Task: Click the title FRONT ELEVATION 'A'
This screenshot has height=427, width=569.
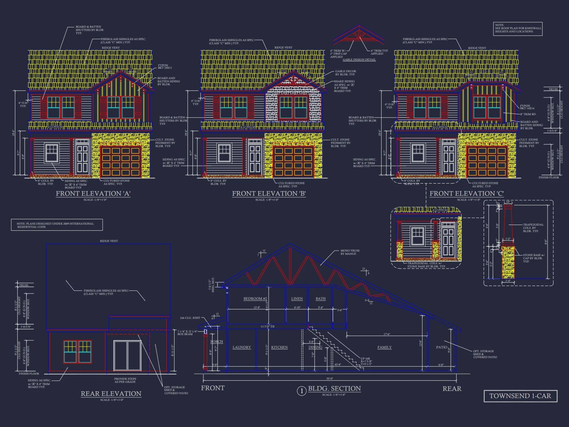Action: [93, 194]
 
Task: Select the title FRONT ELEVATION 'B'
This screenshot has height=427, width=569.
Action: [269, 194]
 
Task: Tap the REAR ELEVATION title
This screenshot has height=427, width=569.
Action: [111, 394]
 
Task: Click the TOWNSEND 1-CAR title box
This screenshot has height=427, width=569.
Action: [520, 396]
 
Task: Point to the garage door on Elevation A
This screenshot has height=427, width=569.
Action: [121, 161]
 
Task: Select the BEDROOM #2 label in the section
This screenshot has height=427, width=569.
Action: [255, 299]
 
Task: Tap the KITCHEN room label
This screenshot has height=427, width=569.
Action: [279, 347]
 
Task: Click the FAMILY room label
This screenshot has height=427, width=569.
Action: [384, 347]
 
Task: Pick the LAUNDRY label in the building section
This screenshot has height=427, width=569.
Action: [242, 347]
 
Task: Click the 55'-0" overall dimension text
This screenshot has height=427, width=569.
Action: [330, 379]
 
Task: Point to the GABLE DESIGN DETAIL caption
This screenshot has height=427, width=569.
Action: [359, 60]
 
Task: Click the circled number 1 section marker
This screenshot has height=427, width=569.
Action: [302, 391]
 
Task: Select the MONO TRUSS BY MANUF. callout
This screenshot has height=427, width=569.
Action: [350, 252]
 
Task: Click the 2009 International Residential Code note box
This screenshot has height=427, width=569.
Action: [57, 225]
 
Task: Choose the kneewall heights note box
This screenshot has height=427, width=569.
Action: [518, 28]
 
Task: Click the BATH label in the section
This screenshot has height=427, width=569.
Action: [321, 299]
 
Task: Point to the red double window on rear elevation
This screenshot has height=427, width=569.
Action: [77, 352]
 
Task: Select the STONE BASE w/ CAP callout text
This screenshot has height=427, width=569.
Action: [534, 258]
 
